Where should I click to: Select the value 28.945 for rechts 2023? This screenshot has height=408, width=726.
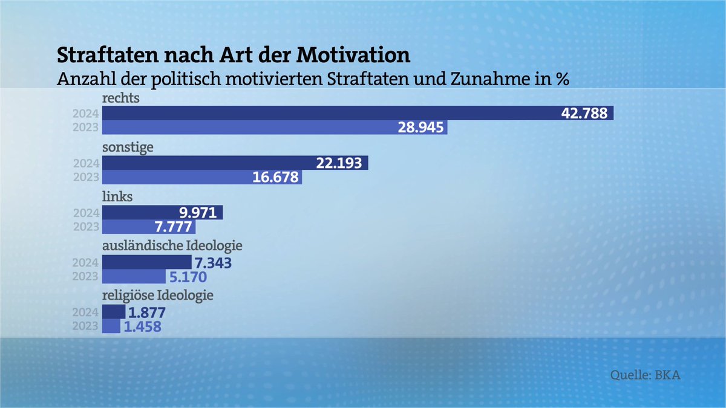(421, 128)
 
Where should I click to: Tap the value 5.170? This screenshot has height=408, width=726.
(187, 277)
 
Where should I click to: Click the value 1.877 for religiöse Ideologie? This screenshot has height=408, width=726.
(146, 312)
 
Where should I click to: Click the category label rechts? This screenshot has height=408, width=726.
(120, 99)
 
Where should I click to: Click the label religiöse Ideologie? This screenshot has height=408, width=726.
(159, 297)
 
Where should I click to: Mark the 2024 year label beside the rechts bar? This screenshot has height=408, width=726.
(85, 114)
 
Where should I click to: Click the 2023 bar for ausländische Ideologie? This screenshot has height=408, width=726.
(134, 277)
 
